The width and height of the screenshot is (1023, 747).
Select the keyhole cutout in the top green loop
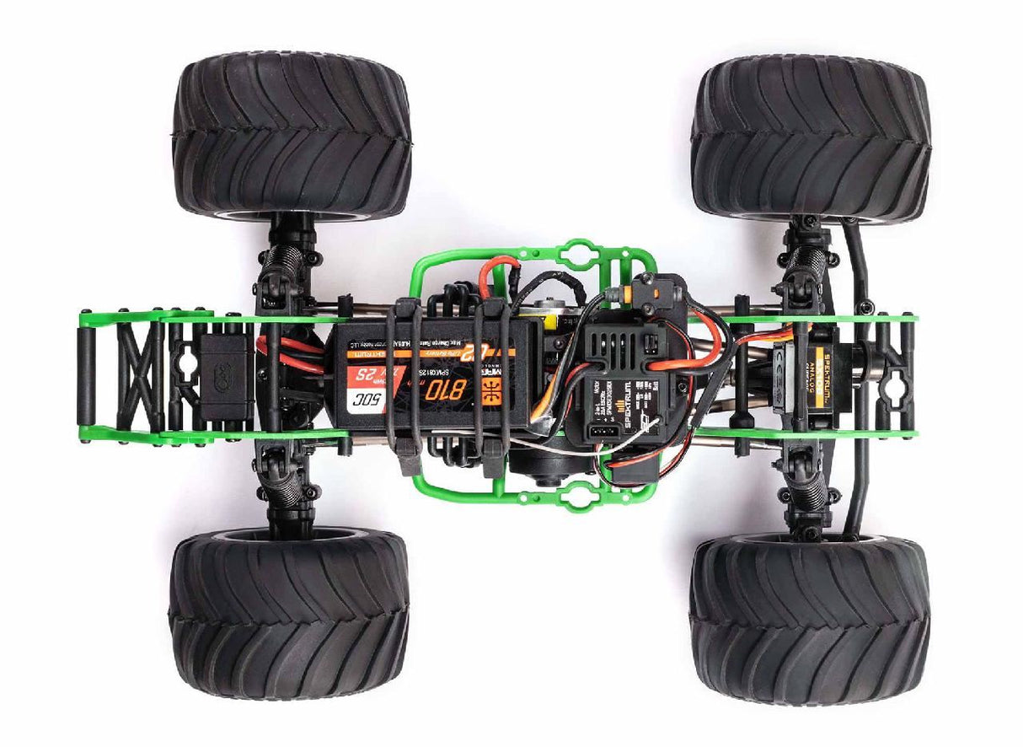[581, 252]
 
